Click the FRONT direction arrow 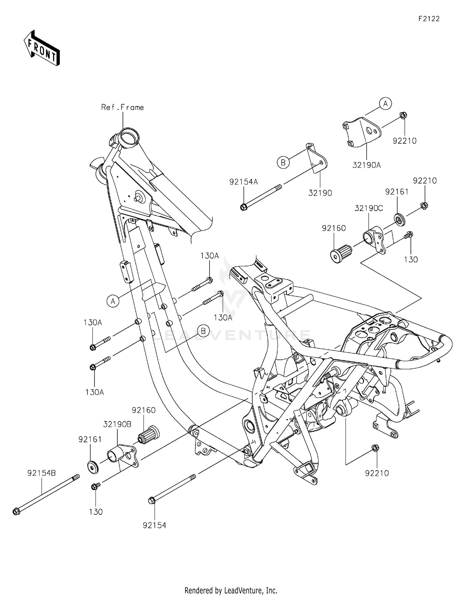point(42,48)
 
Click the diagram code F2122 point(429,19)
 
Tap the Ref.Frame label point(123,107)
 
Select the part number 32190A point(367,165)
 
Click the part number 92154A point(243,182)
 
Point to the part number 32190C point(368,208)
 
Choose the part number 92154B point(42,473)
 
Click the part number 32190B point(117,424)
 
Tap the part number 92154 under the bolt point(154,525)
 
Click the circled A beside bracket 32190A point(385,104)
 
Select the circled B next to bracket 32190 point(283,162)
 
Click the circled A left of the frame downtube point(113,301)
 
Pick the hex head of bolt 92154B point(16,512)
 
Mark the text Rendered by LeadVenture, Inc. point(231,590)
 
